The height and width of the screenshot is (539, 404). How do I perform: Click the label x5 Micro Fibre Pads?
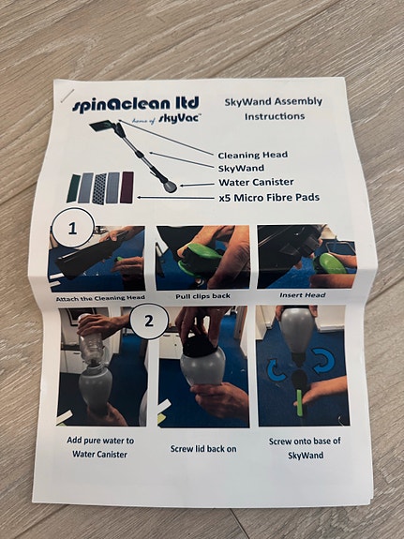(265, 198)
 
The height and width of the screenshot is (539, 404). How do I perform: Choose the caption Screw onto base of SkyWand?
(305, 448)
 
